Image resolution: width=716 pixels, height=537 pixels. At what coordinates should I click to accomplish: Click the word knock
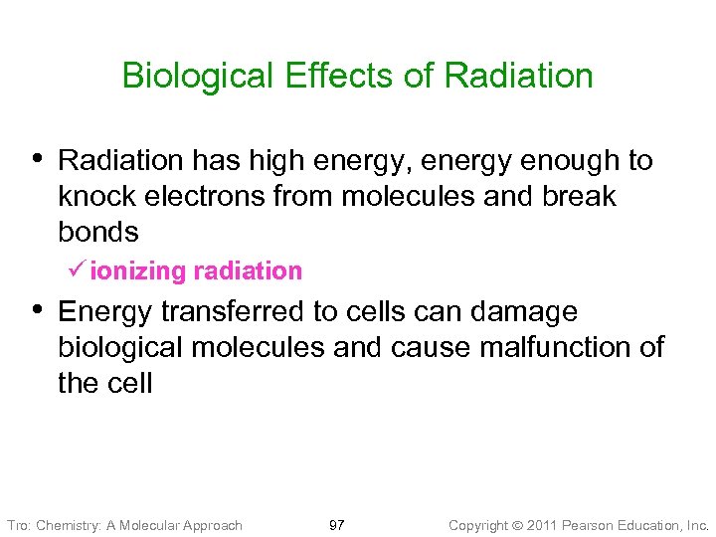[x=97, y=196]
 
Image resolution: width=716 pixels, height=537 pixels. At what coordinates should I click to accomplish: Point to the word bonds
[x=97, y=232]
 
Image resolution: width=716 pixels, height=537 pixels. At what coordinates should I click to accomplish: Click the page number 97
[x=336, y=525]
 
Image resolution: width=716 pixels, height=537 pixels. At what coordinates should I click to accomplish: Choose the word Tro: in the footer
[x=19, y=525]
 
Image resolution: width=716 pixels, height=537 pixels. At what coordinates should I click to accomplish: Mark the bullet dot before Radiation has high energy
[x=38, y=158]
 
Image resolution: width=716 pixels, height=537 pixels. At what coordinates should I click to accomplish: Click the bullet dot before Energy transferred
[x=38, y=309]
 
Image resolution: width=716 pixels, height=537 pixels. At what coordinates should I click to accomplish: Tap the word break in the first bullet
[x=580, y=196]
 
